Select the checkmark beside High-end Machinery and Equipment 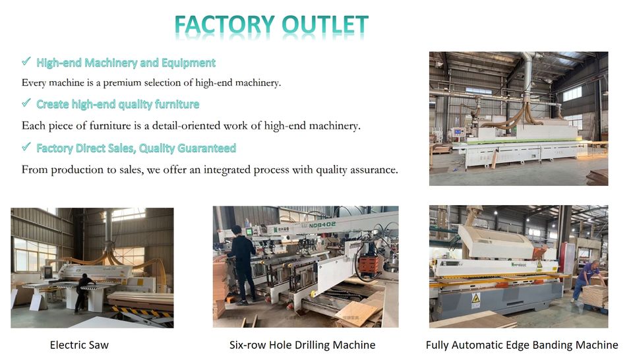coord(26,61)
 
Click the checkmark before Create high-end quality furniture coord(26,103)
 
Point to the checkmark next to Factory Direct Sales coord(26,146)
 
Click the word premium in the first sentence coord(123,83)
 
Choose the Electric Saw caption coord(79,345)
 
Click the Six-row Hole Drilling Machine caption coord(303,345)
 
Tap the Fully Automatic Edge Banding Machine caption coord(522,345)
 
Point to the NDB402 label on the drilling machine coord(322,225)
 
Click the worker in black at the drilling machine coord(242,265)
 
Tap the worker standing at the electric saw coord(83,293)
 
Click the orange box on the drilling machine coord(369,265)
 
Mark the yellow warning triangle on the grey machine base coord(476,298)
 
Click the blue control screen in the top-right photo coord(458,132)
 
